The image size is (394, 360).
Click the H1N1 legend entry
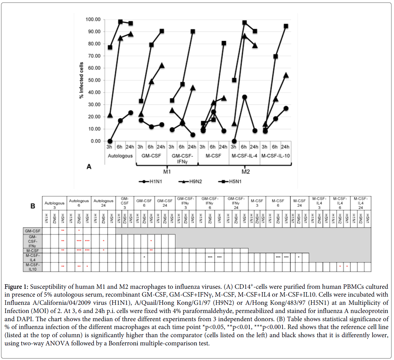point(150,181)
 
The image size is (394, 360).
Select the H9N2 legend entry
point(190,181)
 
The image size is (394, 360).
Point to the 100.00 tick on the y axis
point(93,19)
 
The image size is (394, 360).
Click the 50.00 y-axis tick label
point(93,80)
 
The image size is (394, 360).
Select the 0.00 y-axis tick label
point(95,141)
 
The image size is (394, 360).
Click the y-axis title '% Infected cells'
point(81,80)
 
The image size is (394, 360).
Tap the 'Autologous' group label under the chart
point(120,156)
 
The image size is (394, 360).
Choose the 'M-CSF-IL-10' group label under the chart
point(275,156)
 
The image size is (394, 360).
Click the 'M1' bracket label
point(167,171)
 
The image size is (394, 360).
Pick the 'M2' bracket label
point(245,171)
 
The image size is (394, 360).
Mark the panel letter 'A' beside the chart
point(89,167)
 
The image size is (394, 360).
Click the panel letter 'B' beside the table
point(33,206)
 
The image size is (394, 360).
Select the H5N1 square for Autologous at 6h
point(120,22)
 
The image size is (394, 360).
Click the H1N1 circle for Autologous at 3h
point(110,141)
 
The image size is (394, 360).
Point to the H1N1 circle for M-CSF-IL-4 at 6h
point(244,97)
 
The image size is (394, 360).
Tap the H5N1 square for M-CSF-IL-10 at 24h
point(286,26)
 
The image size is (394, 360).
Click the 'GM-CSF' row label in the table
point(32,231)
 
